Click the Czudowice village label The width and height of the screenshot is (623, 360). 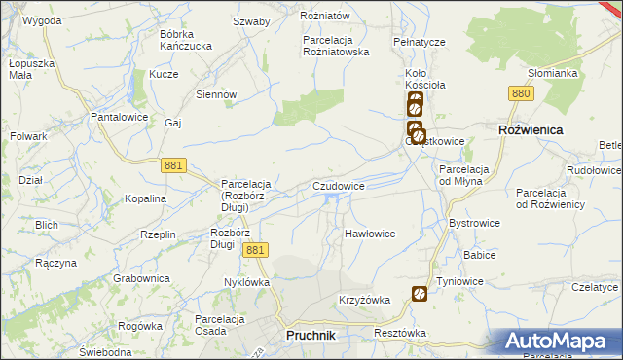(339, 185)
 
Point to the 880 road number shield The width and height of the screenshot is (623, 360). (521, 92)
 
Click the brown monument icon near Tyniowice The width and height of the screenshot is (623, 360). (420, 293)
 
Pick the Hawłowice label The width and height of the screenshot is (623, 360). (370, 234)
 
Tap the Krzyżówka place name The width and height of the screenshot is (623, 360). (364, 300)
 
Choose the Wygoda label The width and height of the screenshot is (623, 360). (42, 19)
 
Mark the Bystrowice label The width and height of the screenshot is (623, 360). (474, 223)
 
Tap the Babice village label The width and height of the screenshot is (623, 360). (480, 255)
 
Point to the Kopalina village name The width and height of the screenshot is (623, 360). (145, 198)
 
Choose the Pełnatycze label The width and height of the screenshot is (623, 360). (419, 43)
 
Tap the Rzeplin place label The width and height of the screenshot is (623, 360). (158, 234)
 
